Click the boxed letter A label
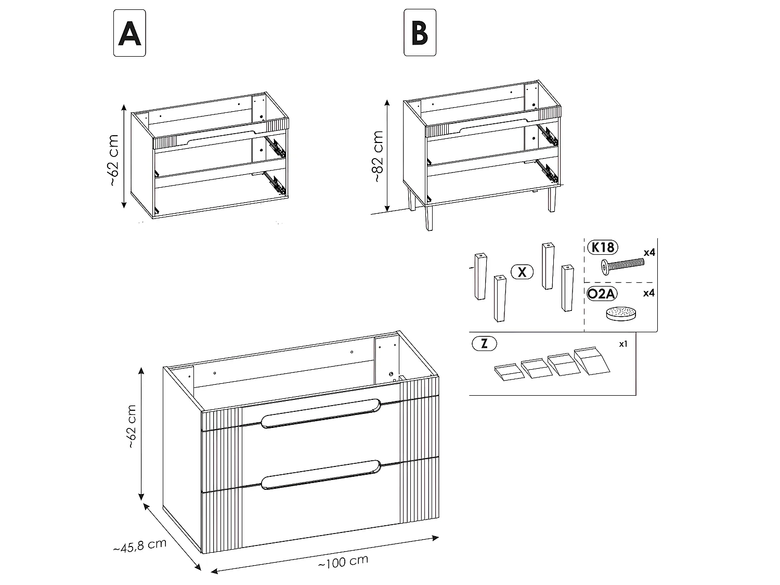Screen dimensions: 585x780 click(x=129, y=33)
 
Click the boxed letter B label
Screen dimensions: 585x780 click(x=420, y=33)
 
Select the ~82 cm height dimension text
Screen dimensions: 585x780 click(x=378, y=156)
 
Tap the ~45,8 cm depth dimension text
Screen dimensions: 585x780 click(x=139, y=546)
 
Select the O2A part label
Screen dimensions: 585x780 click(x=601, y=294)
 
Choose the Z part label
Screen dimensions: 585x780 click(x=484, y=344)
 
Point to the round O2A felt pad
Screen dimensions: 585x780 click(x=621, y=315)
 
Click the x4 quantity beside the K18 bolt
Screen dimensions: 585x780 click(x=648, y=252)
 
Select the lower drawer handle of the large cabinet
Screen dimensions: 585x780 click(x=321, y=473)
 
